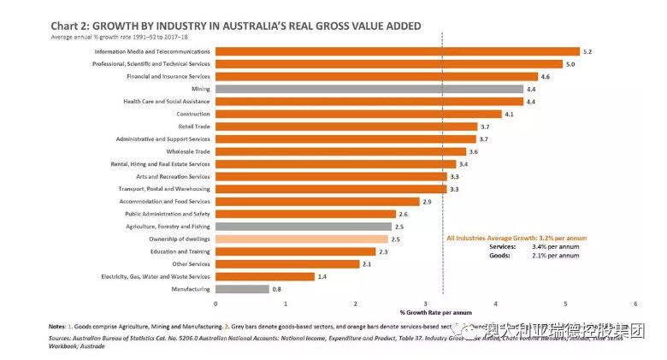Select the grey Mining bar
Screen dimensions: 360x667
coord(369,89)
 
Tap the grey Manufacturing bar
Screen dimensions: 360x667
coord(242,289)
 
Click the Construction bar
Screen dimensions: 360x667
coord(358,114)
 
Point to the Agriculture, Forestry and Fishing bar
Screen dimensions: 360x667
coord(303,227)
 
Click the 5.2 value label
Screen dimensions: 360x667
coord(587,52)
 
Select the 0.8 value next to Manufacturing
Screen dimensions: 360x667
coord(277,290)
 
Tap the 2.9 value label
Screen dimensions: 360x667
coord(427,202)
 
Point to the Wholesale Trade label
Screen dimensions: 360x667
coord(186,151)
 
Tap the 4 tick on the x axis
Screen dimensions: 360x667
coord(495,304)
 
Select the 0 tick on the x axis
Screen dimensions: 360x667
coord(215,304)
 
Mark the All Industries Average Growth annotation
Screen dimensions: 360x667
coord(516,237)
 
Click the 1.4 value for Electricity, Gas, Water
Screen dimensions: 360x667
coord(322,277)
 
